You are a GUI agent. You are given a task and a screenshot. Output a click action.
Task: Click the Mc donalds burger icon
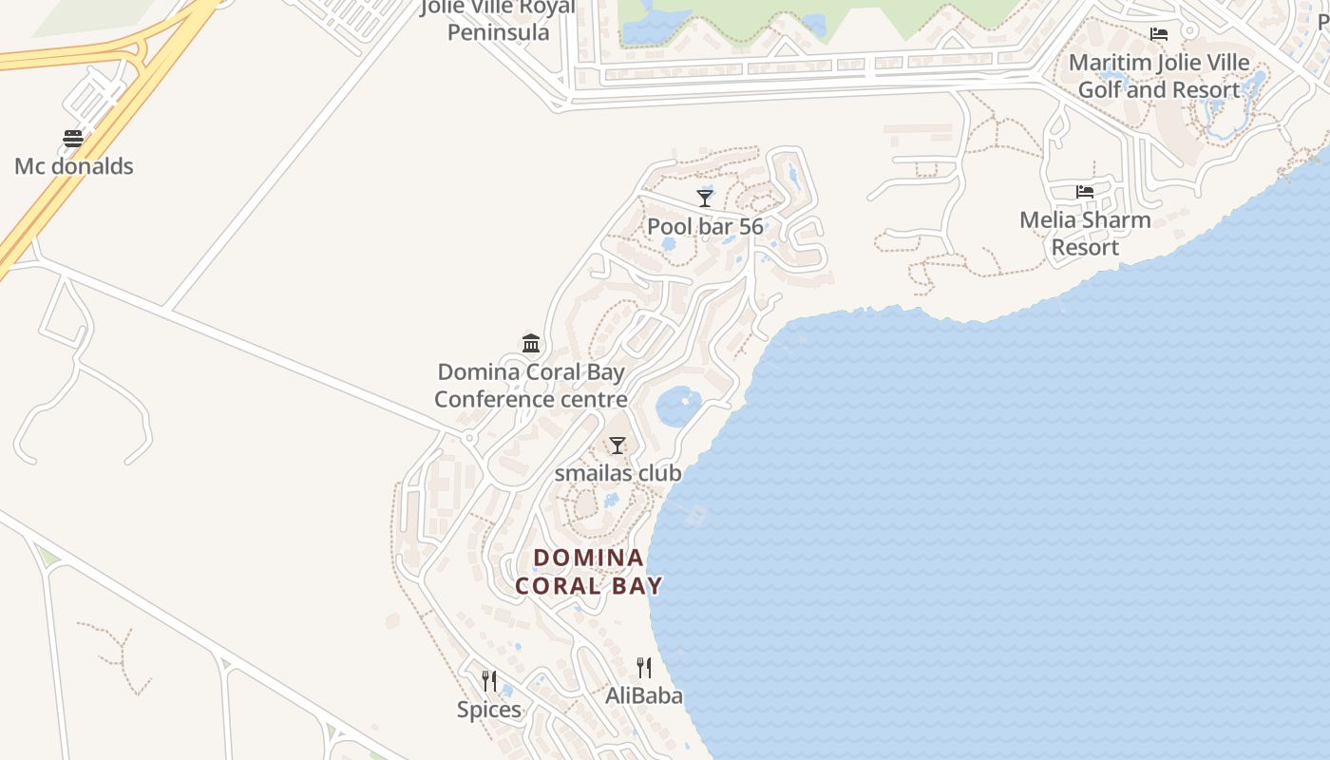click(73, 139)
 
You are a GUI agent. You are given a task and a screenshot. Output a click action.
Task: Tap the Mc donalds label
click(73, 166)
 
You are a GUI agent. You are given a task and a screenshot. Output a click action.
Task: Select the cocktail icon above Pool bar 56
click(705, 198)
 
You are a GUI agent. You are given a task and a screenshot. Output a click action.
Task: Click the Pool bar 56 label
click(705, 226)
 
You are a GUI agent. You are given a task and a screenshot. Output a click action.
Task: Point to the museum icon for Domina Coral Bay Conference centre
click(531, 343)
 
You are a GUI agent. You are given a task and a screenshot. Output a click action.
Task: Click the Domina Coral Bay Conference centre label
click(531, 385)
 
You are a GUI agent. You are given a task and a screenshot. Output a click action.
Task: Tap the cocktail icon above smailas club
click(617, 445)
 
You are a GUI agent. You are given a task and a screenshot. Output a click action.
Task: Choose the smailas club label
click(617, 472)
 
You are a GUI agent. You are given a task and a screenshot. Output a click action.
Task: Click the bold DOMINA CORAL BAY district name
click(589, 571)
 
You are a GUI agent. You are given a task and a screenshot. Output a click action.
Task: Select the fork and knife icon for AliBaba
click(644, 667)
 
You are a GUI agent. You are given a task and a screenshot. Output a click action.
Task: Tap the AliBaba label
click(644, 695)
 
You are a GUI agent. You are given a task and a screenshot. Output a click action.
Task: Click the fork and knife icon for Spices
click(489, 680)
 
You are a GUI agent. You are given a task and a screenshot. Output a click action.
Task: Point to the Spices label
click(489, 710)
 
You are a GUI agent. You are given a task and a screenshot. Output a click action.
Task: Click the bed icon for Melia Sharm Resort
click(1085, 192)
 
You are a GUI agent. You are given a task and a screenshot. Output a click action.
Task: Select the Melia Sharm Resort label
click(1085, 234)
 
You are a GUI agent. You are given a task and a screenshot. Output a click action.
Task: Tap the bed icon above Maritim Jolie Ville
click(1159, 34)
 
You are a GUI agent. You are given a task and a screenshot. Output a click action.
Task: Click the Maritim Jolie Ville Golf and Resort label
click(1159, 76)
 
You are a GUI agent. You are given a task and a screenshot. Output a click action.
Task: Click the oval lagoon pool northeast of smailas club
click(678, 406)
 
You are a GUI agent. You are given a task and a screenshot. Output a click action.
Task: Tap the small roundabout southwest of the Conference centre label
click(468, 438)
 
